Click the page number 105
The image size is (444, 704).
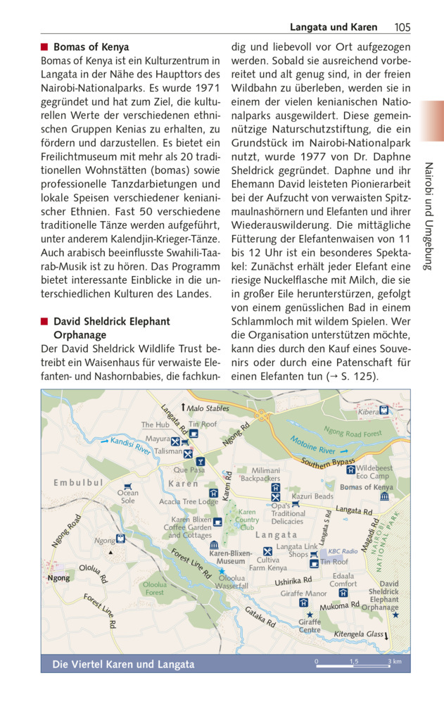click(x=402, y=27)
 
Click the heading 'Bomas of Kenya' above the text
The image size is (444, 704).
click(x=91, y=47)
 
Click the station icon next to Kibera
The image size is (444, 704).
click(x=384, y=410)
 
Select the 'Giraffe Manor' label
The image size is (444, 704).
click(x=304, y=593)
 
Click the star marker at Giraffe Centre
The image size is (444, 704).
click(x=310, y=614)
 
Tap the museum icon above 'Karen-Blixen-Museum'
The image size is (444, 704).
click(x=213, y=545)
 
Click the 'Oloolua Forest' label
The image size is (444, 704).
click(x=155, y=589)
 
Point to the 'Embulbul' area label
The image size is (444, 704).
click(x=78, y=482)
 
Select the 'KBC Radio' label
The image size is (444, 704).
click(x=343, y=551)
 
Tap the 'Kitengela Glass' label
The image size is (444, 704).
click(x=359, y=634)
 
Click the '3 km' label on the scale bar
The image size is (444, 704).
click(x=395, y=662)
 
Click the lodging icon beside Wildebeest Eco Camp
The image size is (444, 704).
click(x=350, y=470)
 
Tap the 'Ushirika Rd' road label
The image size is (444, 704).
click(x=293, y=581)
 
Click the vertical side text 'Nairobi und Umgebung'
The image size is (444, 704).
click(x=429, y=216)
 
